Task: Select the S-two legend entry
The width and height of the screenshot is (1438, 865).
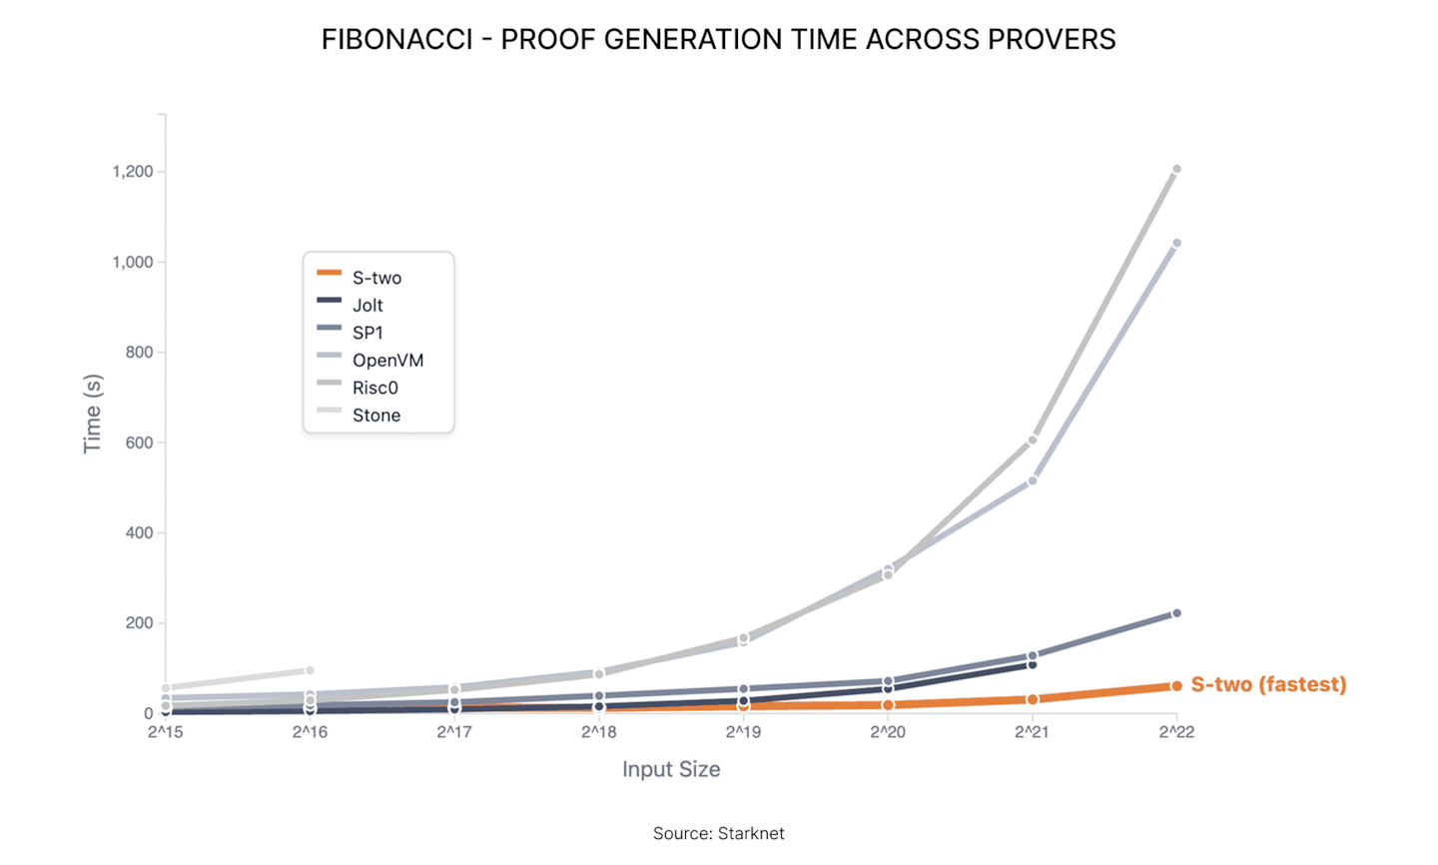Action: [376, 278]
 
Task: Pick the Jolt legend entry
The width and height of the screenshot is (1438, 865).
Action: [367, 306]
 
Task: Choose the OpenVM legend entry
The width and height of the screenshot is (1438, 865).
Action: [387, 361]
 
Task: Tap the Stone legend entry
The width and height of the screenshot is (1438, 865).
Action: [375, 416]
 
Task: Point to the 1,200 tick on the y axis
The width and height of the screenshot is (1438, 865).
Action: [133, 172]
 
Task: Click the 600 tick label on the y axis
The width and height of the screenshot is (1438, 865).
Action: [139, 442]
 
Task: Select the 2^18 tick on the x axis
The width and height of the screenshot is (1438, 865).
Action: [599, 732]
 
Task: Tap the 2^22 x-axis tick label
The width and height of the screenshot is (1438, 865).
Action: [1176, 732]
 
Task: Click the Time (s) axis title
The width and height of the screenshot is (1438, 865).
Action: [93, 414]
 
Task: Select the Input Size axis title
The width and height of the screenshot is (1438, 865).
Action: [671, 769]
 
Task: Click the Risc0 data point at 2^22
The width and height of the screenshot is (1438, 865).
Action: [1176, 170]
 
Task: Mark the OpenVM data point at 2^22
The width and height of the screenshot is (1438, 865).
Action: [1176, 243]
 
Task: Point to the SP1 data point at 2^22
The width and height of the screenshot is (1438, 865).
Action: [1176, 613]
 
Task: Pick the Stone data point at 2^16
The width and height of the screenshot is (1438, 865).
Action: [310, 670]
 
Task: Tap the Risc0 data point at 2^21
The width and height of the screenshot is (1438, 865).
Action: [1033, 440]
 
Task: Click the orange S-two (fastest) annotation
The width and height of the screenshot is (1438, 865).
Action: [1268, 685]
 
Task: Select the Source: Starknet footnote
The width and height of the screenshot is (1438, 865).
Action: [719, 833]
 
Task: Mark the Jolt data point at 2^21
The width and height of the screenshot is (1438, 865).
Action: [1033, 665]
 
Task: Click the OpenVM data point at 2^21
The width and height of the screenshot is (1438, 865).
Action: [1033, 481]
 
